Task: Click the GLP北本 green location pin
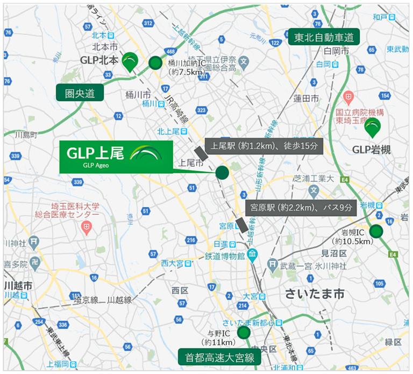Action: point(130,61)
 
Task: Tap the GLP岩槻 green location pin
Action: point(372,127)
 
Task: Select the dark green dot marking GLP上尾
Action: point(222,173)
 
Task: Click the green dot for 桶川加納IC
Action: point(155,63)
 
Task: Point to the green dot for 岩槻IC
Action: point(376,231)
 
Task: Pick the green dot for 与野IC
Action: point(244,333)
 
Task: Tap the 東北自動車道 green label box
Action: point(323,38)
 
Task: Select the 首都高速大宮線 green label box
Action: point(219,357)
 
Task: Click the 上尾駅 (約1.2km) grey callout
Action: point(264,146)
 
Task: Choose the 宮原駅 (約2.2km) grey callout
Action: point(301,207)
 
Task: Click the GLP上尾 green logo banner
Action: point(116,157)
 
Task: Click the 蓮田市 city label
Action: point(306,98)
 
